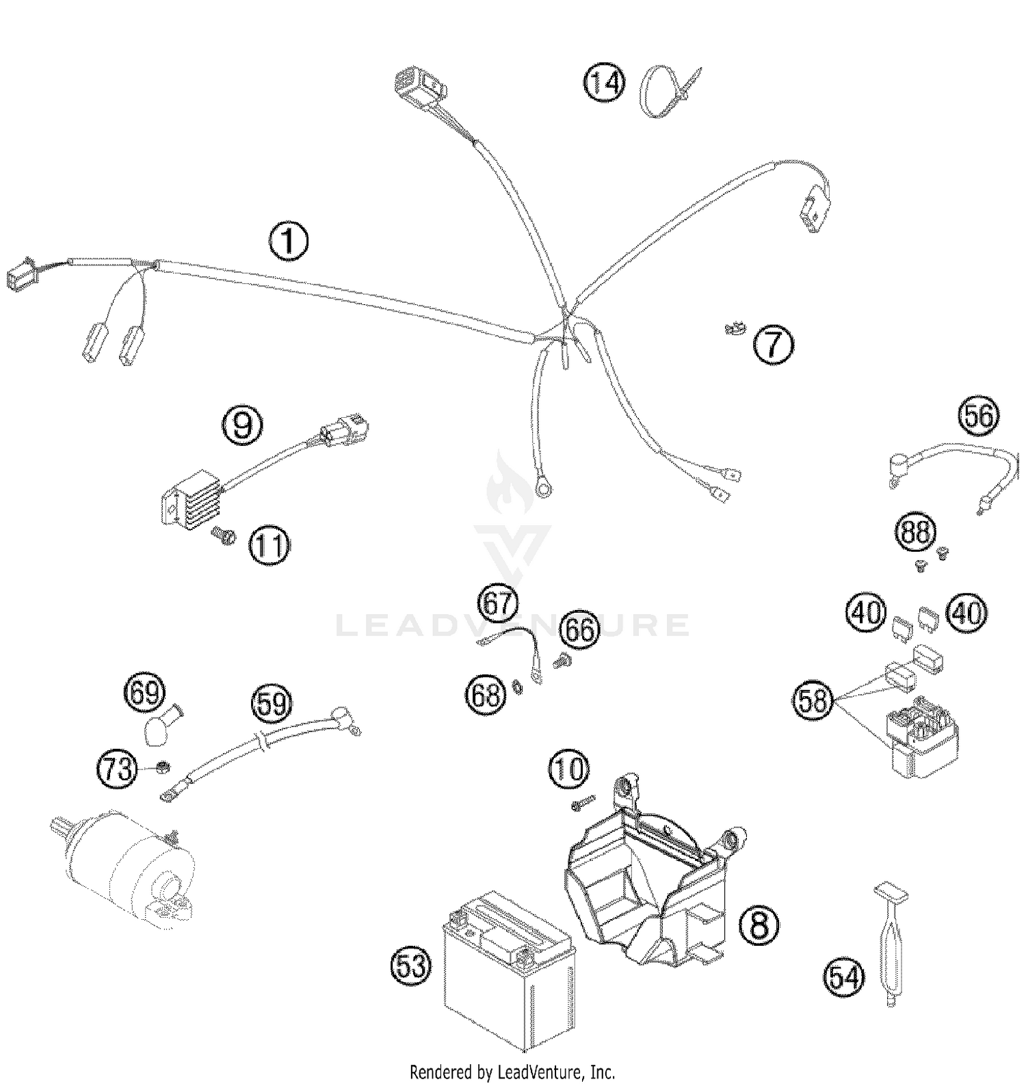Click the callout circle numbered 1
[x=289, y=241]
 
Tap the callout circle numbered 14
[x=605, y=83]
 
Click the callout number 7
[x=774, y=344]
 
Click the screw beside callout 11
[x=223, y=536]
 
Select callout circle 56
[x=978, y=416]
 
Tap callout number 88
[x=915, y=532]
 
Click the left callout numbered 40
[x=865, y=611]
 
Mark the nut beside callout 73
[x=163, y=767]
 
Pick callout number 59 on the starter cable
[x=271, y=703]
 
